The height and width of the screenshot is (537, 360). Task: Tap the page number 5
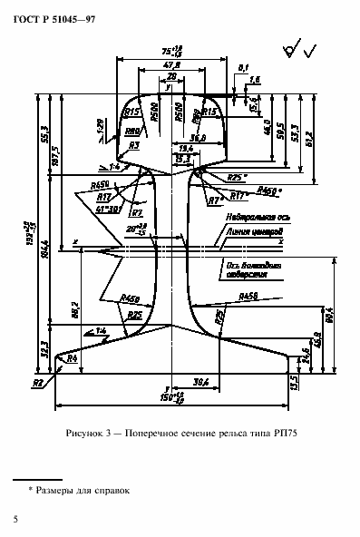(x=15, y=518)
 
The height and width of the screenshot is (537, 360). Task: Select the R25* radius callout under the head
(x=237, y=178)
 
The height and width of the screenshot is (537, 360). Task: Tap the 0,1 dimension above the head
(x=242, y=67)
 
